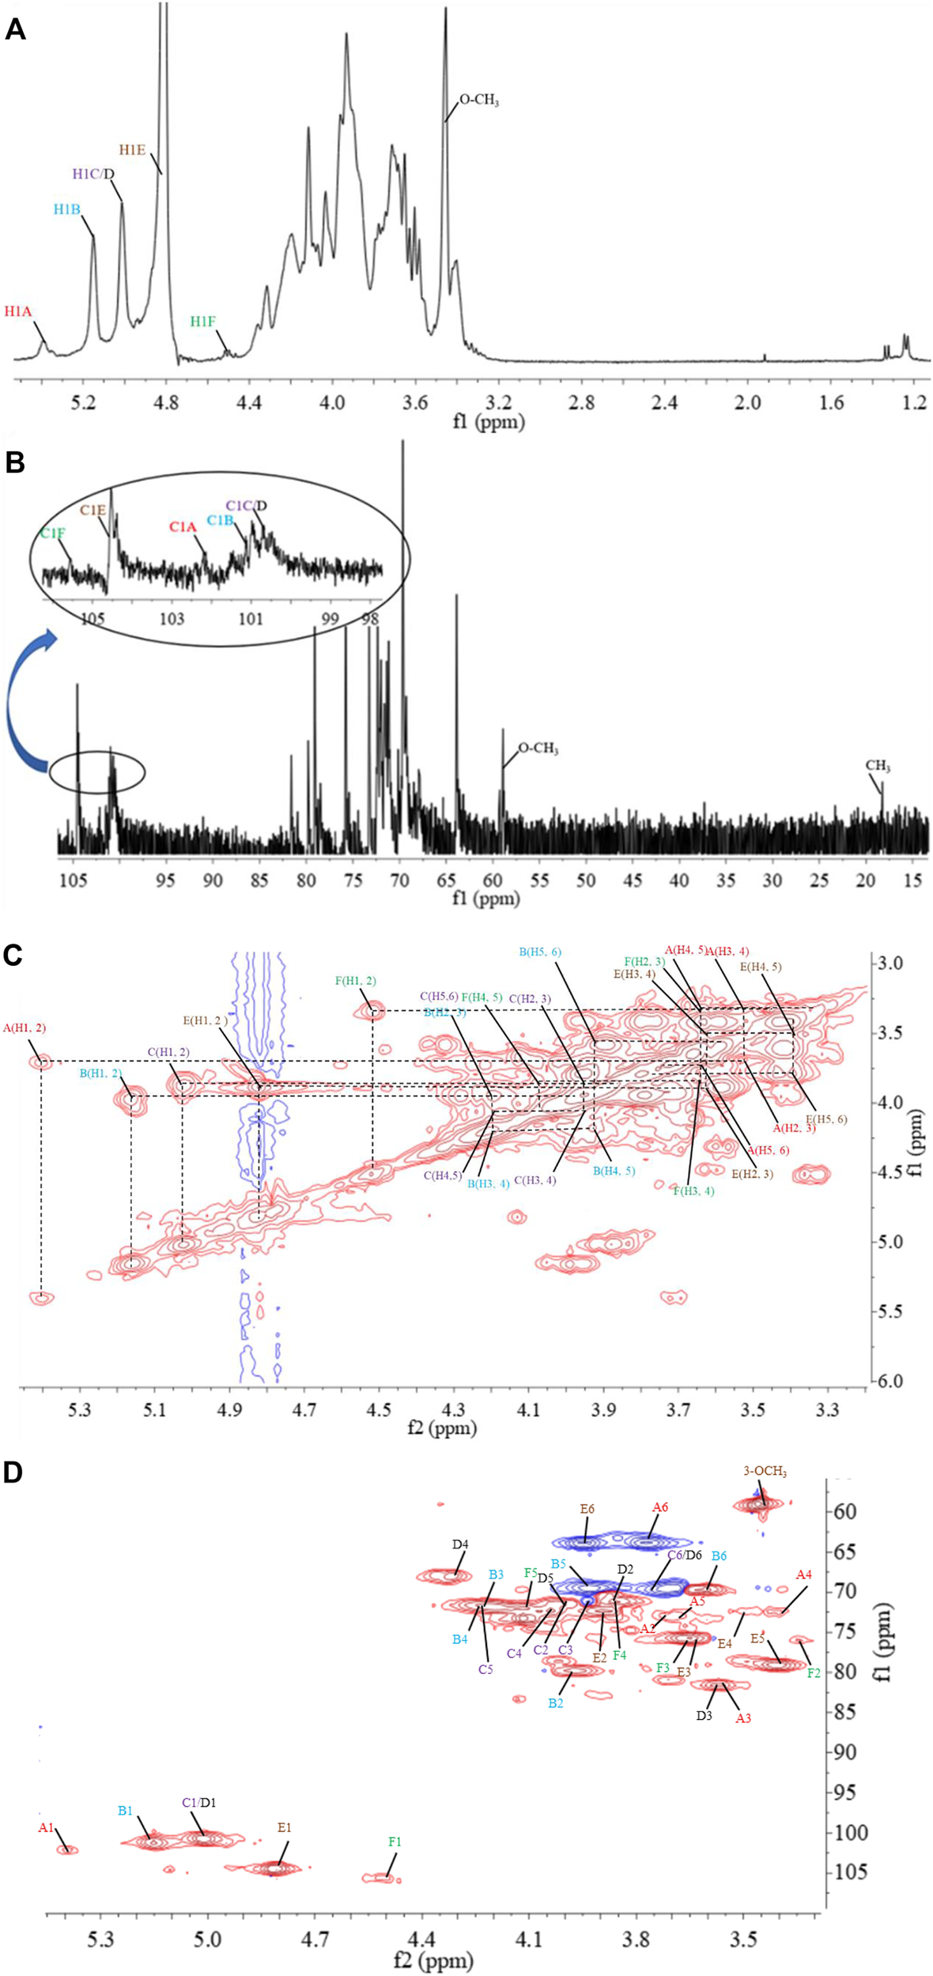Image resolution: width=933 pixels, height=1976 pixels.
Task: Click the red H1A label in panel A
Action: point(17,311)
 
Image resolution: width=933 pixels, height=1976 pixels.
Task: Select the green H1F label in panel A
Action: point(202,322)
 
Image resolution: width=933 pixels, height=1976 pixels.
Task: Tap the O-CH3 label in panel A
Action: point(479,101)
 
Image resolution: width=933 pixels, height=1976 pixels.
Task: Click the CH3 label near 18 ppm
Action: point(878,766)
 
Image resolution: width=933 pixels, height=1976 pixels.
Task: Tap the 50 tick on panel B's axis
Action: point(586,881)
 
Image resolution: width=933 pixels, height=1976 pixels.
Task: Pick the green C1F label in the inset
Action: point(52,534)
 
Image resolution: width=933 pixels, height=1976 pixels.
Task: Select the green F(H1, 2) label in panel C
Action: point(356,981)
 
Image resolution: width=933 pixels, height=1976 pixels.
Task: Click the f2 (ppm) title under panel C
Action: point(442,1427)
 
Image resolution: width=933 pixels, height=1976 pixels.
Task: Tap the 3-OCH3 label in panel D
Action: point(765,1471)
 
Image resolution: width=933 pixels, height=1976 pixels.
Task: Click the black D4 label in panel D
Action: point(460,1544)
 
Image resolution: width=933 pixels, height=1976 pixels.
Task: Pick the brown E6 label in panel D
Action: point(587,1508)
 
